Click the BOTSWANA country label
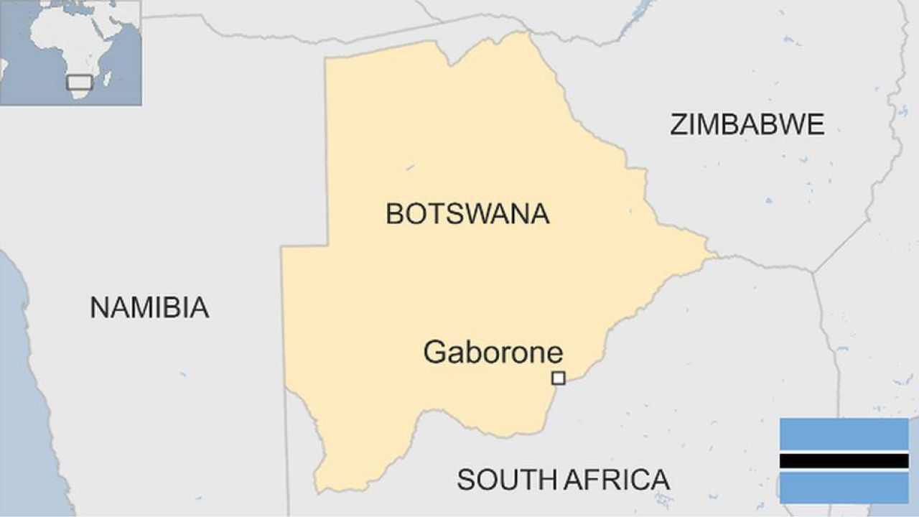(x=467, y=214)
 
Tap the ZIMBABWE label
(x=747, y=125)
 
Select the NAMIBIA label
(x=149, y=307)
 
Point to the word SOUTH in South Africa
(x=505, y=479)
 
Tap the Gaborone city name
(x=493, y=353)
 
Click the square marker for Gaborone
(x=558, y=378)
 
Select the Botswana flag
(x=844, y=460)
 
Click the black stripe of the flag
(x=844, y=460)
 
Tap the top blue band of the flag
(x=844, y=434)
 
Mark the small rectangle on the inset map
(x=79, y=82)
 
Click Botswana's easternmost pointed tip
(x=715, y=253)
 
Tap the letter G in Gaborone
(x=434, y=353)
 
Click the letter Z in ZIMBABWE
(x=679, y=125)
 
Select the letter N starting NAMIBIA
(x=98, y=307)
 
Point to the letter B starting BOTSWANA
(x=394, y=214)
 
